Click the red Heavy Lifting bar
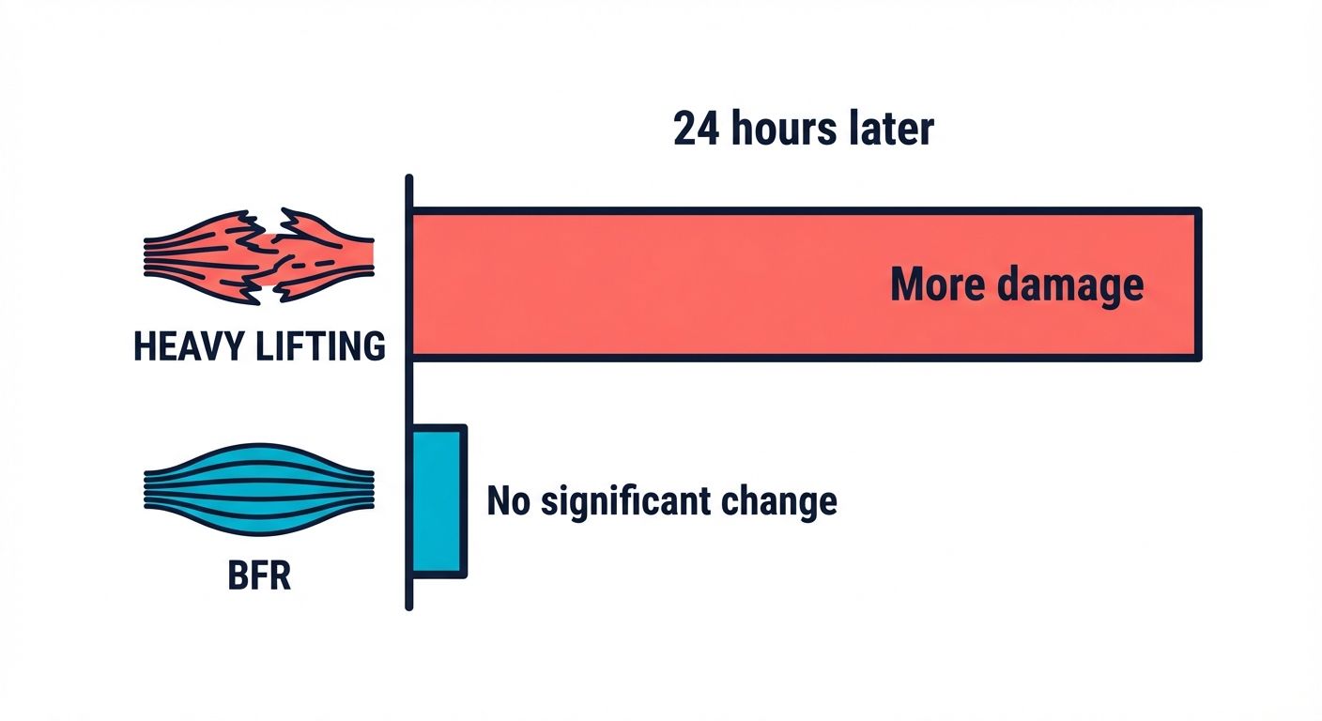coord(657,284)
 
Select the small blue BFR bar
coord(438,499)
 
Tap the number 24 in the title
coord(696,130)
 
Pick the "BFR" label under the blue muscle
coord(259,575)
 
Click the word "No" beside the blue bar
coord(508,501)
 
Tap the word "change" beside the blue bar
coord(787,501)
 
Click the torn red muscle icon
coord(259,256)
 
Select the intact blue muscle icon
coord(259,488)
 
